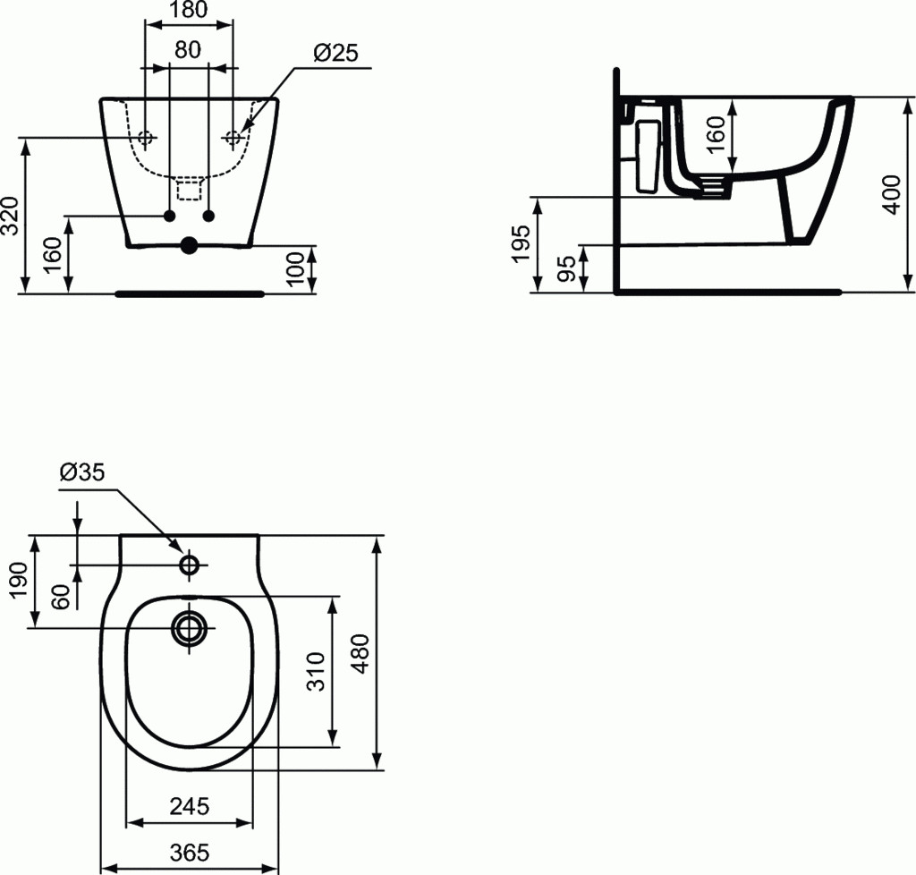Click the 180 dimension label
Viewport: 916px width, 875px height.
pyautogui.click(x=189, y=9)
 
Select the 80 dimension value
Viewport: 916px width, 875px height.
pyautogui.click(x=188, y=50)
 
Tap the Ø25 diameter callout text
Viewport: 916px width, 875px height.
pyautogui.click(x=335, y=53)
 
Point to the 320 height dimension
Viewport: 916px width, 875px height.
pyautogui.click(x=11, y=216)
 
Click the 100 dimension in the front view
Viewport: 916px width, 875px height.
pyautogui.click(x=296, y=268)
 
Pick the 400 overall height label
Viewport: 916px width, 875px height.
pyautogui.click(x=892, y=194)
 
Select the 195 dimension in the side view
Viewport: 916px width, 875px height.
pyautogui.click(x=520, y=243)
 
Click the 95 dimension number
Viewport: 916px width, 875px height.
pyautogui.click(x=565, y=268)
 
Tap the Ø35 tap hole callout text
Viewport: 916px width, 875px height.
pyautogui.click(x=82, y=472)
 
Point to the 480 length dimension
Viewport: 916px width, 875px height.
pyautogui.click(x=362, y=653)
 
